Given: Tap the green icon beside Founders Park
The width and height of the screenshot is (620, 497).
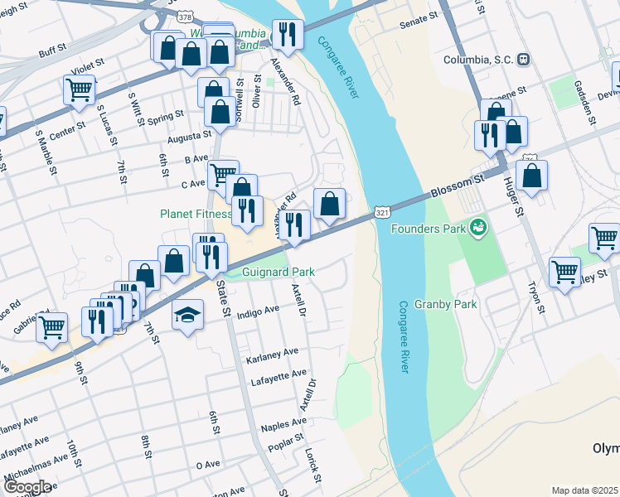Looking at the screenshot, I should [477, 226].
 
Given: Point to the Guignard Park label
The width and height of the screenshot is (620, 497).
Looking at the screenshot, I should [278, 271].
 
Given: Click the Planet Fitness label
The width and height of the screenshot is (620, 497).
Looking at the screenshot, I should [196, 214].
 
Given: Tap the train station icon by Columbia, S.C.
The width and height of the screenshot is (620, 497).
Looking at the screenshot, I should [523, 60].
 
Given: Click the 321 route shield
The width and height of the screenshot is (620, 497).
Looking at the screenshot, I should [381, 213].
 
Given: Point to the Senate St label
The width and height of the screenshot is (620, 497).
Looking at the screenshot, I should [419, 19].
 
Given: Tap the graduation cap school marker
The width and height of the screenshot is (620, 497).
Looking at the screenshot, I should [187, 315].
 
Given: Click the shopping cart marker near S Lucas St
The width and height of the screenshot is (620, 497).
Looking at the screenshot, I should [80, 89].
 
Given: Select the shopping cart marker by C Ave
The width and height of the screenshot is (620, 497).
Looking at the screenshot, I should [222, 174].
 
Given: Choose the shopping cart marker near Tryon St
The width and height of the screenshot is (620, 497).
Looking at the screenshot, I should [564, 271].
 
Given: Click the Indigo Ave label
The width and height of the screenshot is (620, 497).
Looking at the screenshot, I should [258, 311].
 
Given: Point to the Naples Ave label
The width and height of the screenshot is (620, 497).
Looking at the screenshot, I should [283, 424].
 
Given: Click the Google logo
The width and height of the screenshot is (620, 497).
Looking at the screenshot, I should [27, 486].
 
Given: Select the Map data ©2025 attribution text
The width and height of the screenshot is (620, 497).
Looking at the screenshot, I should [584, 490].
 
